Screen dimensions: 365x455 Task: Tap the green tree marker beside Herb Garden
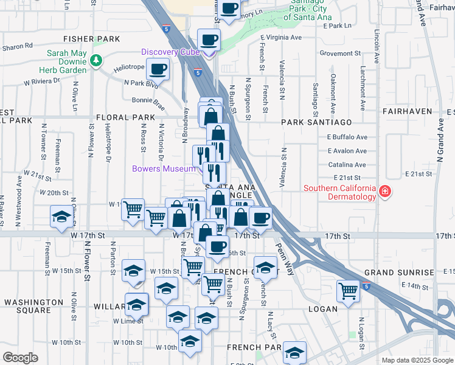(x=96, y=60)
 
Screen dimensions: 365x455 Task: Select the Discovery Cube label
(x=171, y=52)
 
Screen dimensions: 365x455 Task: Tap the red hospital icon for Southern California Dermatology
(x=384, y=192)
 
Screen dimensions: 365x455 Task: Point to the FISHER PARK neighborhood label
(x=99, y=39)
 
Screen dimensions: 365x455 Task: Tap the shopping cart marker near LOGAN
(x=348, y=291)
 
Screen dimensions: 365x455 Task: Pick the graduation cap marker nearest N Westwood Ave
(x=61, y=217)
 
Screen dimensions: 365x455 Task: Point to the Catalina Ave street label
(x=347, y=165)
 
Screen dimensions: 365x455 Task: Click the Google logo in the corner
(x=20, y=358)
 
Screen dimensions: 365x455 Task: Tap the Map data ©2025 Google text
(x=417, y=360)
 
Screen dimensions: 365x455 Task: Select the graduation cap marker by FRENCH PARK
(x=295, y=353)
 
